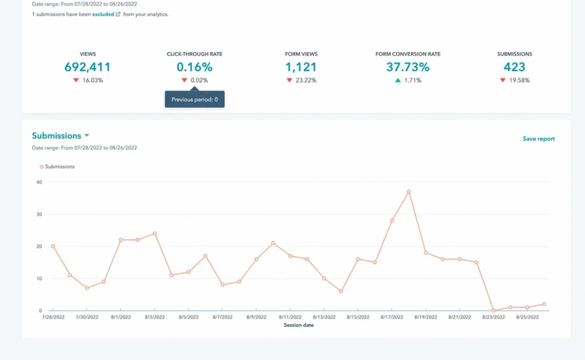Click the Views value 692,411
click(x=87, y=67)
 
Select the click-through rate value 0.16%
click(x=194, y=67)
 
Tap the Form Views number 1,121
click(x=301, y=67)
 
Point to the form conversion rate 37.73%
click(x=408, y=67)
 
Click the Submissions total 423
click(x=514, y=67)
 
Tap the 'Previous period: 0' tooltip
click(x=195, y=99)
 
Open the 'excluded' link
click(x=103, y=14)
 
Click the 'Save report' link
click(x=538, y=139)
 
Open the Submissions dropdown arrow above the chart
click(x=87, y=136)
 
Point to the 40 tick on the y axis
click(x=39, y=182)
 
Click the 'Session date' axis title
click(x=299, y=325)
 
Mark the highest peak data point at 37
click(x=408, y=192)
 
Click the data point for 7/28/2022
click(x=53, y=246)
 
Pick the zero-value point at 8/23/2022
click(x=493, y=310)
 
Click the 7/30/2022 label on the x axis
click(x=87, y=317)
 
